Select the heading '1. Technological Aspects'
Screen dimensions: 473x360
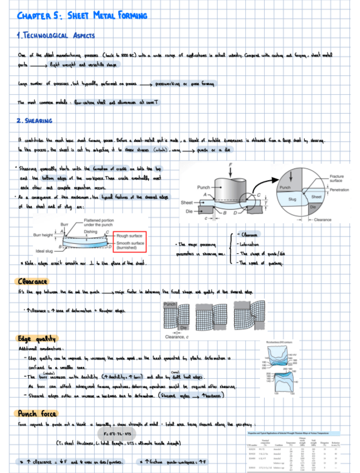[56, 36]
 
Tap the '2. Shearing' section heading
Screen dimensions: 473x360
[35, 121]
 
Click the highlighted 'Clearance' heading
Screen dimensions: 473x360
[33, 282]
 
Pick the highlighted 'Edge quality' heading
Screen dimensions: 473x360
[36, 339]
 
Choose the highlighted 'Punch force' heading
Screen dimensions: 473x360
[36, 413]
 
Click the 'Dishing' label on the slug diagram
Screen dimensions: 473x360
[91, 231]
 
